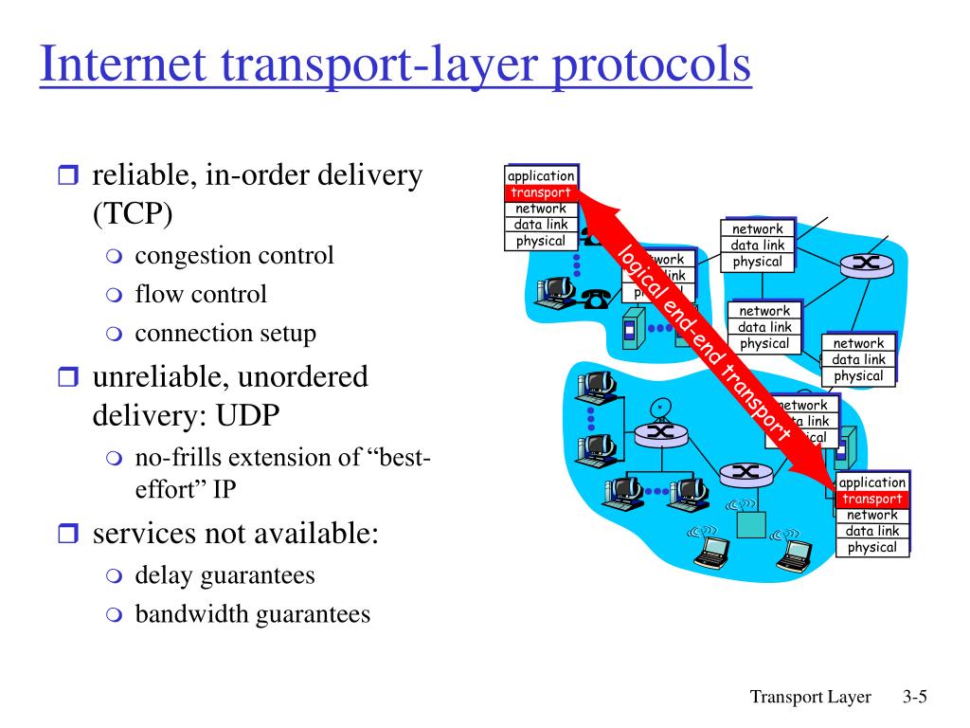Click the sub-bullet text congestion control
point(234,256)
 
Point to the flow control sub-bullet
point(201,295)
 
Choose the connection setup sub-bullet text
point(225,334)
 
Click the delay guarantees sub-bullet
point(225,575)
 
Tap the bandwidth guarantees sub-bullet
point(252,614)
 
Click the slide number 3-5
point(913,698)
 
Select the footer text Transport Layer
point(810,698)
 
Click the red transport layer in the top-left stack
point(541,192)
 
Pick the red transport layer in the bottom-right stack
point(871,500)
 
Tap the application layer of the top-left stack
point(541,175)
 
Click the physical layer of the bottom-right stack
point(871,547)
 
